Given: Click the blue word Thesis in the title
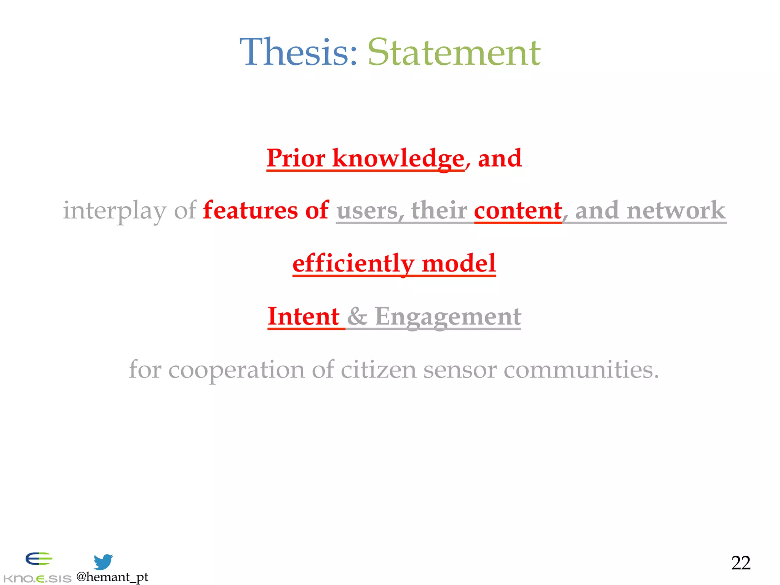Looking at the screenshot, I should pyautogui.click(x=298, y=52).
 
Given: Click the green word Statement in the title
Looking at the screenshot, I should pyautogui.click(x=454, y=52).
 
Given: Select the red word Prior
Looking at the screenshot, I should pyautogui.click(x=296, y=158).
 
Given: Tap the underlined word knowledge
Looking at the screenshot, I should pyautogui.click(x=398, y=158).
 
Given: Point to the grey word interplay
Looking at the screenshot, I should pyautogui.click(x=114, y=211).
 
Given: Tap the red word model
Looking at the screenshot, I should pyautogui.click(x=459, y=263).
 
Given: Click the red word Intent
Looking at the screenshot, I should pyautogui.click(x=304, y=316).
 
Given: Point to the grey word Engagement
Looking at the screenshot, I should pyautogui.click(x=448, y=317).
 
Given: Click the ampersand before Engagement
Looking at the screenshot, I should pyautogui.click(x=357, y=316).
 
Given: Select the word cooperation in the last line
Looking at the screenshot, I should pyautogui.click(x=236, y=369).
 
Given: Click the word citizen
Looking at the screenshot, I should pyautogui.click(x=378, y=369).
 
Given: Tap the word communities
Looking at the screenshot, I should pyautogui.click(x=580, y=369).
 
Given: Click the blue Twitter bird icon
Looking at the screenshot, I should pyautogui.click(x=103, y=561).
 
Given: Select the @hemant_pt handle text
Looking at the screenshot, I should pyautogui.click(x=112, y=577).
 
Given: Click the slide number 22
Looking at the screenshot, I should pyautogui.click(x=740, y=563).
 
